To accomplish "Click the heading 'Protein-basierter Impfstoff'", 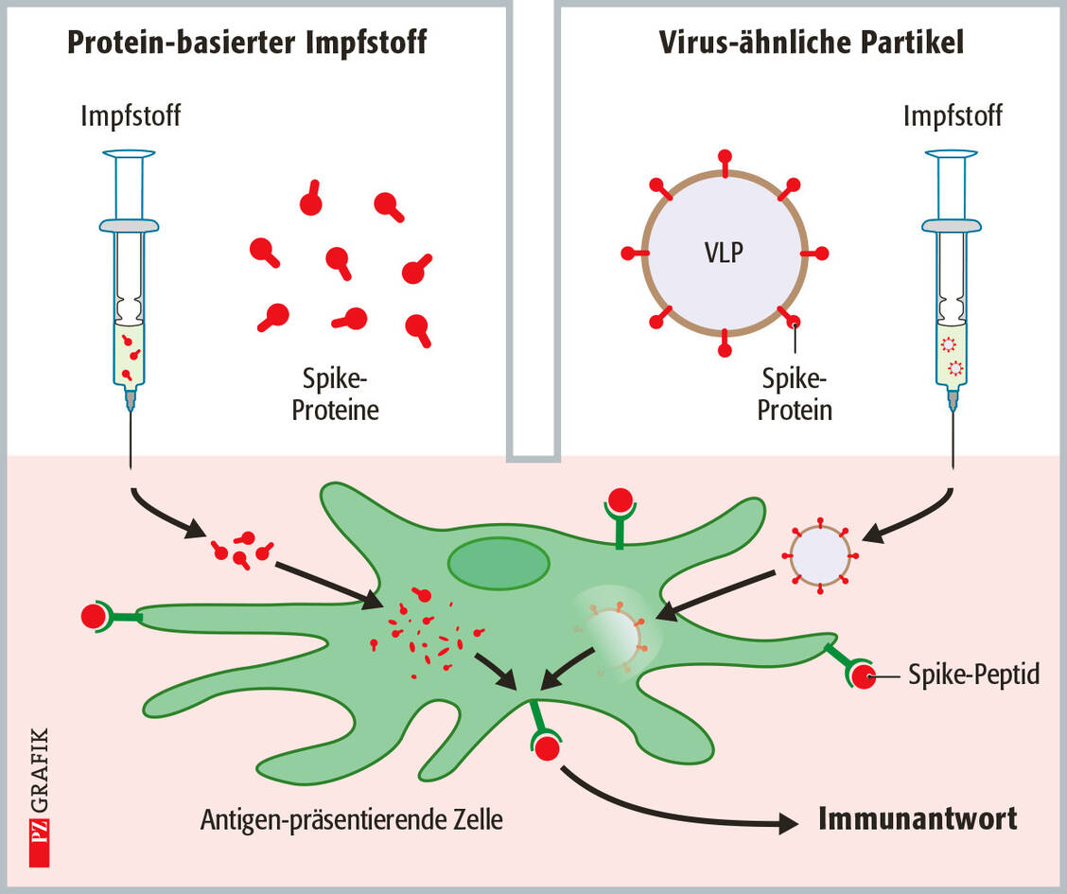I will [x=247, y=43].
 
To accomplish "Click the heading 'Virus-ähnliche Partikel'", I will [x=811, y=43].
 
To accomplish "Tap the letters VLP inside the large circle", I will [x=725, y=254].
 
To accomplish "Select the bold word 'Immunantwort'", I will [x=918, y=818].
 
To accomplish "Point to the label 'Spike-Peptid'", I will [x=974, y=675].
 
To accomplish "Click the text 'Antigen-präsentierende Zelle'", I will [x=352, y=819].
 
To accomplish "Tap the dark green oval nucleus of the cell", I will [x=499, y=564].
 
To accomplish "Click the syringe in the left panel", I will [x=129, y=284].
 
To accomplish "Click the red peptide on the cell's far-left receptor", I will [x=95, y=617].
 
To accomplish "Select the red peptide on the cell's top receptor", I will [x=621, y=500].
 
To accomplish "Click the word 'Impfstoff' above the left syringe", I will [x=131, y=117].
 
